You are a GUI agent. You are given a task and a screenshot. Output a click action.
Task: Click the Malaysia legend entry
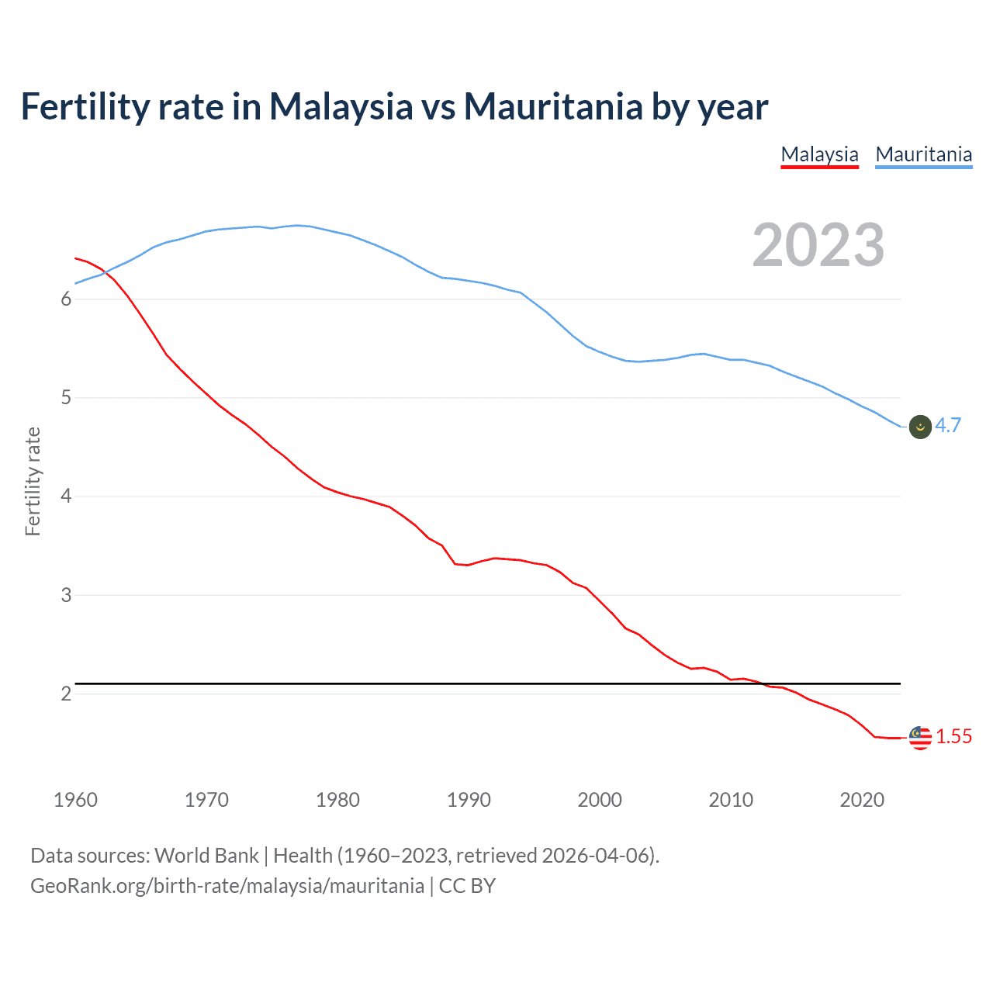(x=819, y=154)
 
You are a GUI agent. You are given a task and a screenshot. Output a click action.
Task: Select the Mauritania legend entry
(x=923, y=154)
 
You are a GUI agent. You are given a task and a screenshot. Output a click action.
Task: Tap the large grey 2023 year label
(x=818, y=245)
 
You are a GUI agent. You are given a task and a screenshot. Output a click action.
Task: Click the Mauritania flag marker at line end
(x=920, y=427)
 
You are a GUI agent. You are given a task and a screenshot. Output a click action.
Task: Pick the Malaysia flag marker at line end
(x=920, y=738)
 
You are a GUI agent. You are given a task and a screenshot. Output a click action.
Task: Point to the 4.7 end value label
(x=947, y=425)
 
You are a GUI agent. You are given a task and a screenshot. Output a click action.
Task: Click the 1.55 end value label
(x=953, y=737)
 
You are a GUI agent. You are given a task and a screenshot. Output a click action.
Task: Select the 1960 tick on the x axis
(x=75, y=800)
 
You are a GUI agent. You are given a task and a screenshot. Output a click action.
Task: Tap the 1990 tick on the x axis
(x=469, y=800)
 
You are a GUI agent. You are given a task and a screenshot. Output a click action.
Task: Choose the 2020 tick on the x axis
(x=862, y=800)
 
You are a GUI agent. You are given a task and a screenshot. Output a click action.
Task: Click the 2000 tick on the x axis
(x=600, y=800)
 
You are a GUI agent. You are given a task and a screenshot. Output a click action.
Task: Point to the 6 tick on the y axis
(x=66, y=299)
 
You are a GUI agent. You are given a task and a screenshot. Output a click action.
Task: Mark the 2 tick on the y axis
(x=66, y=694)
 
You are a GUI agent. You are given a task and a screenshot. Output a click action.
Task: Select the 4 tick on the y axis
(x=66, y=496)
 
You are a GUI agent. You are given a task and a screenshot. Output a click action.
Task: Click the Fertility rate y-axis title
(x=33, y=481)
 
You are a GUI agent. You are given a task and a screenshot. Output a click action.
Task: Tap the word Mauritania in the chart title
(x=553, y=106)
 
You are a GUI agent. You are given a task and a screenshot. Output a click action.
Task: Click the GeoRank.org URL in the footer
(x=227, y=886)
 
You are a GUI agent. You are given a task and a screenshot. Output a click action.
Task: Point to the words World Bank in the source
(x=206, y=856)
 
